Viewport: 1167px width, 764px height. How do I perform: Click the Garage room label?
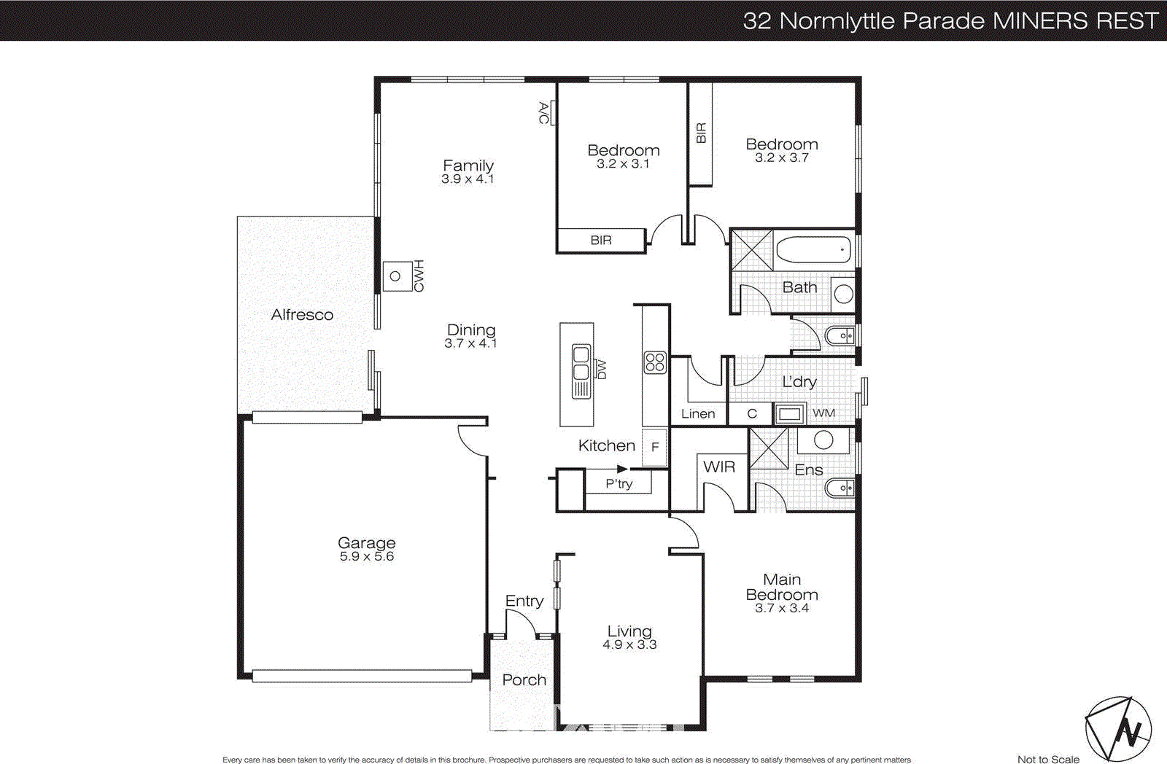366,542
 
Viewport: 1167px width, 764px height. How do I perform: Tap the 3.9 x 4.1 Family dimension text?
468,179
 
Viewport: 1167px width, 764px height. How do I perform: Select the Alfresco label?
302,315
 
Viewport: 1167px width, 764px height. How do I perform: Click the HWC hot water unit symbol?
396,276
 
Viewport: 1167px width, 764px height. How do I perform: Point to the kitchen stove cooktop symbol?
654,362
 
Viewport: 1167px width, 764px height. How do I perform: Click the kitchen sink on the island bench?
581,363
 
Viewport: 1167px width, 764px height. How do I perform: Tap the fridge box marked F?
654,447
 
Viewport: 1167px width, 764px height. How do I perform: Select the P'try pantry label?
619,483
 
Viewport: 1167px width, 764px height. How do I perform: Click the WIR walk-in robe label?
719,467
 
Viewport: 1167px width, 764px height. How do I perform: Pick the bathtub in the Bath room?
813,249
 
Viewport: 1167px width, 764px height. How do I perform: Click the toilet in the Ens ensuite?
840,487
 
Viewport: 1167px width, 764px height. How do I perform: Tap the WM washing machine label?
823,413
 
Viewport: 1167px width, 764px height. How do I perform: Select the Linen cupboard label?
698,414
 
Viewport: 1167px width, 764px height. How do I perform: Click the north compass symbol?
1118,729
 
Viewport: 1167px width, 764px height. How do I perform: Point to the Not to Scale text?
1048,759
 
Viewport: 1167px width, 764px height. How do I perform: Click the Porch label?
524,680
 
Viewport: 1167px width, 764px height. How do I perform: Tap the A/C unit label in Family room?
543,113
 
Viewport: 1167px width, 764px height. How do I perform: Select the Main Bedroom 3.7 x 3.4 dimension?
781,609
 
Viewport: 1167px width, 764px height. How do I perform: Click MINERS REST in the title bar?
1076,20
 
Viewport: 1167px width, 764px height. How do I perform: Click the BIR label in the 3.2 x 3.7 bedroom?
701,133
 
